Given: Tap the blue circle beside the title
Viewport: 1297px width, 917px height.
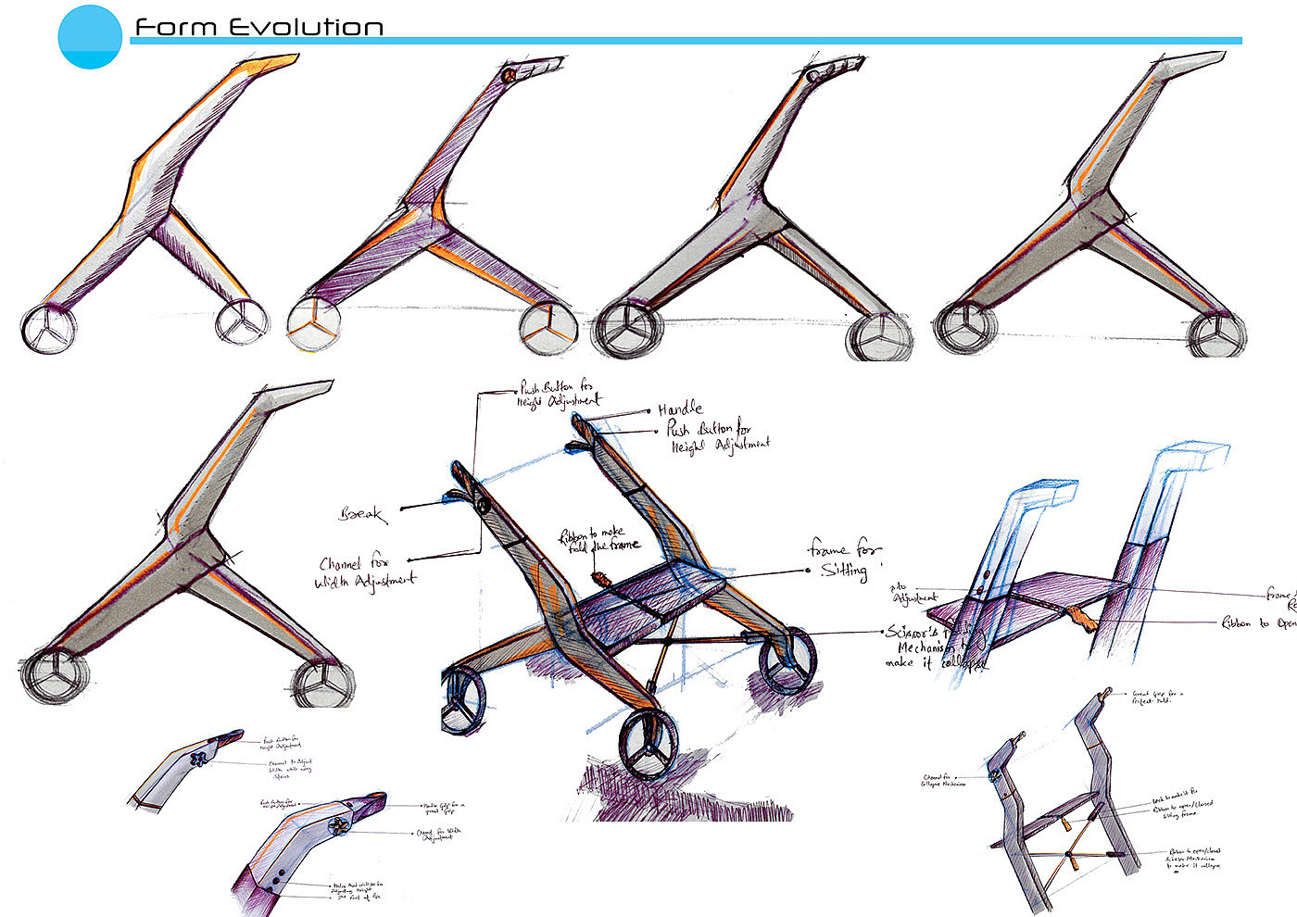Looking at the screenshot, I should coord(90,36).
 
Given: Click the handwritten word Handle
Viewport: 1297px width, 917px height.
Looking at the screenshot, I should coord(680,409).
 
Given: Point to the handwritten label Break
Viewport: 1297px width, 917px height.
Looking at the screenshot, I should coord(362,513).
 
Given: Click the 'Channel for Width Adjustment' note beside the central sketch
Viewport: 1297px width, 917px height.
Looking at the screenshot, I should coord(366,572).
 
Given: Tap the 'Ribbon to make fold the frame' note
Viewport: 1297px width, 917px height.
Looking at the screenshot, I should coord(598,539).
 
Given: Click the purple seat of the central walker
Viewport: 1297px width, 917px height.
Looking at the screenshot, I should coord(648,602).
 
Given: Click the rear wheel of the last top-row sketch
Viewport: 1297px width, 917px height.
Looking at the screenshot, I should coord(1217,334).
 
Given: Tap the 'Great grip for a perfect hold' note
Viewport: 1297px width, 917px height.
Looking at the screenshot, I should coord(1157,696).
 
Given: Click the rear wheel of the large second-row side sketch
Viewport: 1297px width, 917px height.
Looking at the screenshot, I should coord(323,684).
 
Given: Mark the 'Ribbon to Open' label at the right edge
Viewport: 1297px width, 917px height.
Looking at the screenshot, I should coord(1260,623).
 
